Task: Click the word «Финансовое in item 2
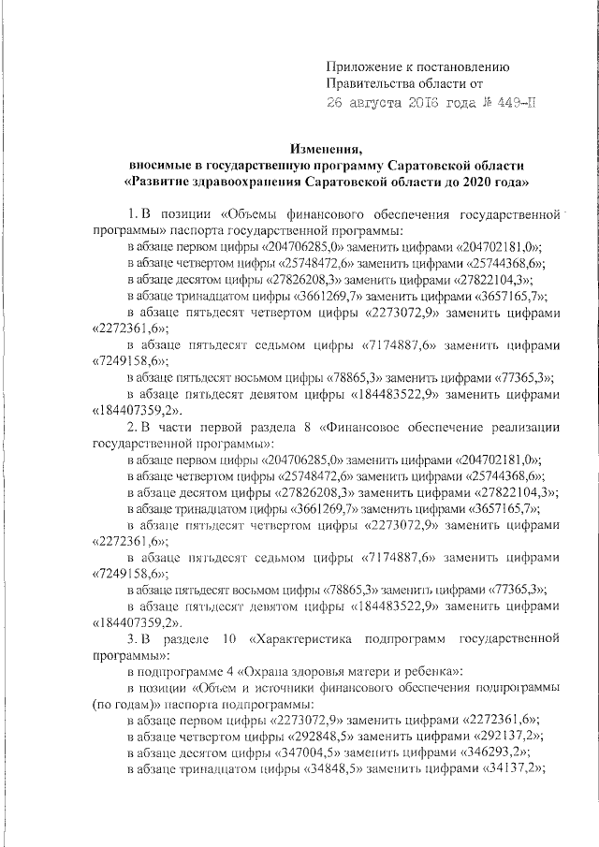tap(361, 428)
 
